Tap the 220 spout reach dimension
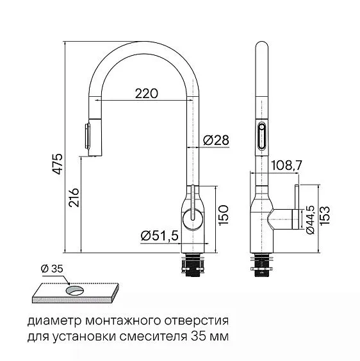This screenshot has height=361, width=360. point(146,94)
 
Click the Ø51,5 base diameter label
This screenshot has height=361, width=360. point(160,236)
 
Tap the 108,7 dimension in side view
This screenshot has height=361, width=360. point(286,165)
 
